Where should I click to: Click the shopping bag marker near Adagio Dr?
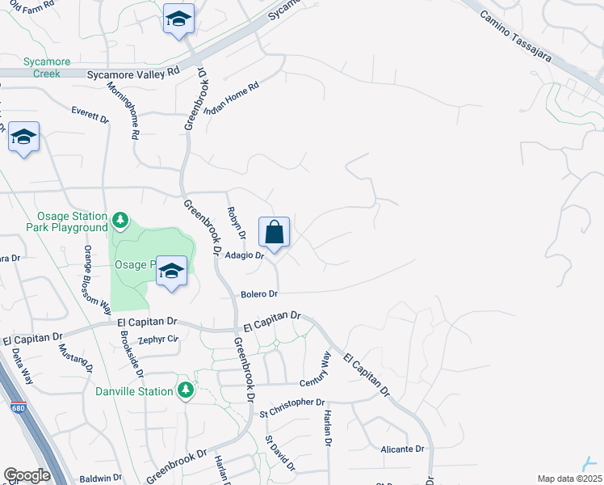click(x=274, y=232)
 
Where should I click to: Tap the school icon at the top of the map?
click(x=178, y=20)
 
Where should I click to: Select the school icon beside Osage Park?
click(x=171, y=272)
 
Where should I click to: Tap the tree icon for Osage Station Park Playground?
click(x=120, y=220)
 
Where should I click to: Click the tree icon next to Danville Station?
click(x=186, y=391)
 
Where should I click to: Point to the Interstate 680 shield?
click(x=18, y=409)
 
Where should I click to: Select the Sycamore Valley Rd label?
click(x=132, y=74)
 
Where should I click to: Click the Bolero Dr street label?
click(x=258, y=293)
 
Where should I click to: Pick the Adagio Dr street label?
click(x=245, y=255)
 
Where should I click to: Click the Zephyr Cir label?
click(x=157, y=339)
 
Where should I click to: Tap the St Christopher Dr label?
click(x=292, y=403)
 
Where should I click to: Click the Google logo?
click(x=27, y=475)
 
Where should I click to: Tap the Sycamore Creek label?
click(x=47, y=67)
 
